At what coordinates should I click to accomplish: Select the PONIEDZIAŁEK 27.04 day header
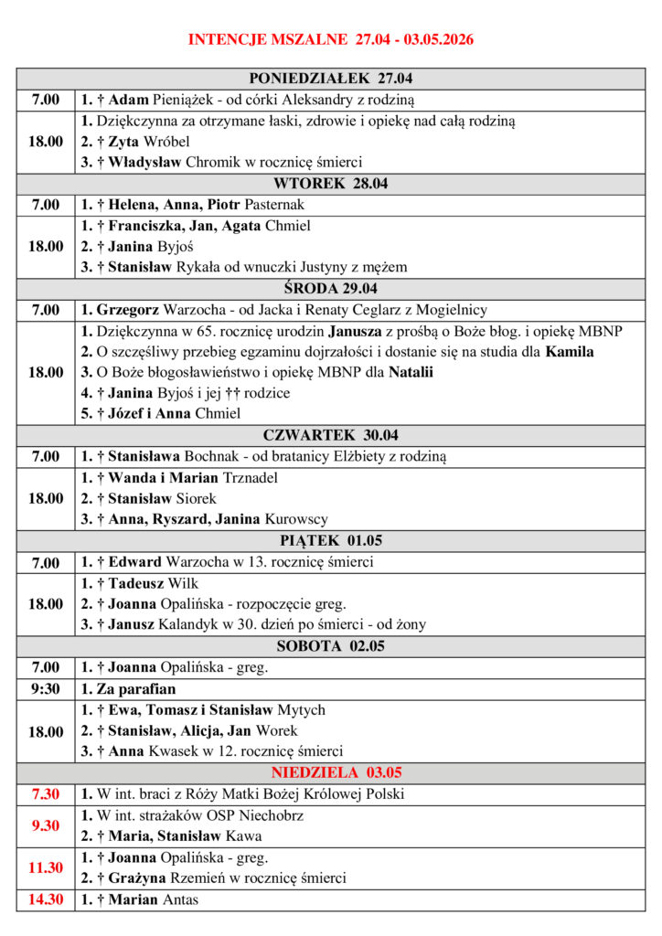point(336,79)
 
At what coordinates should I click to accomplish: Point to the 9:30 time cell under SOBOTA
point(46,689)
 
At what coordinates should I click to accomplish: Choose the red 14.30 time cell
point(46,899)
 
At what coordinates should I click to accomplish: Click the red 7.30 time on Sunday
point(46,794)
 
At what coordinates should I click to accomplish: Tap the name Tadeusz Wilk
point(153,583)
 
